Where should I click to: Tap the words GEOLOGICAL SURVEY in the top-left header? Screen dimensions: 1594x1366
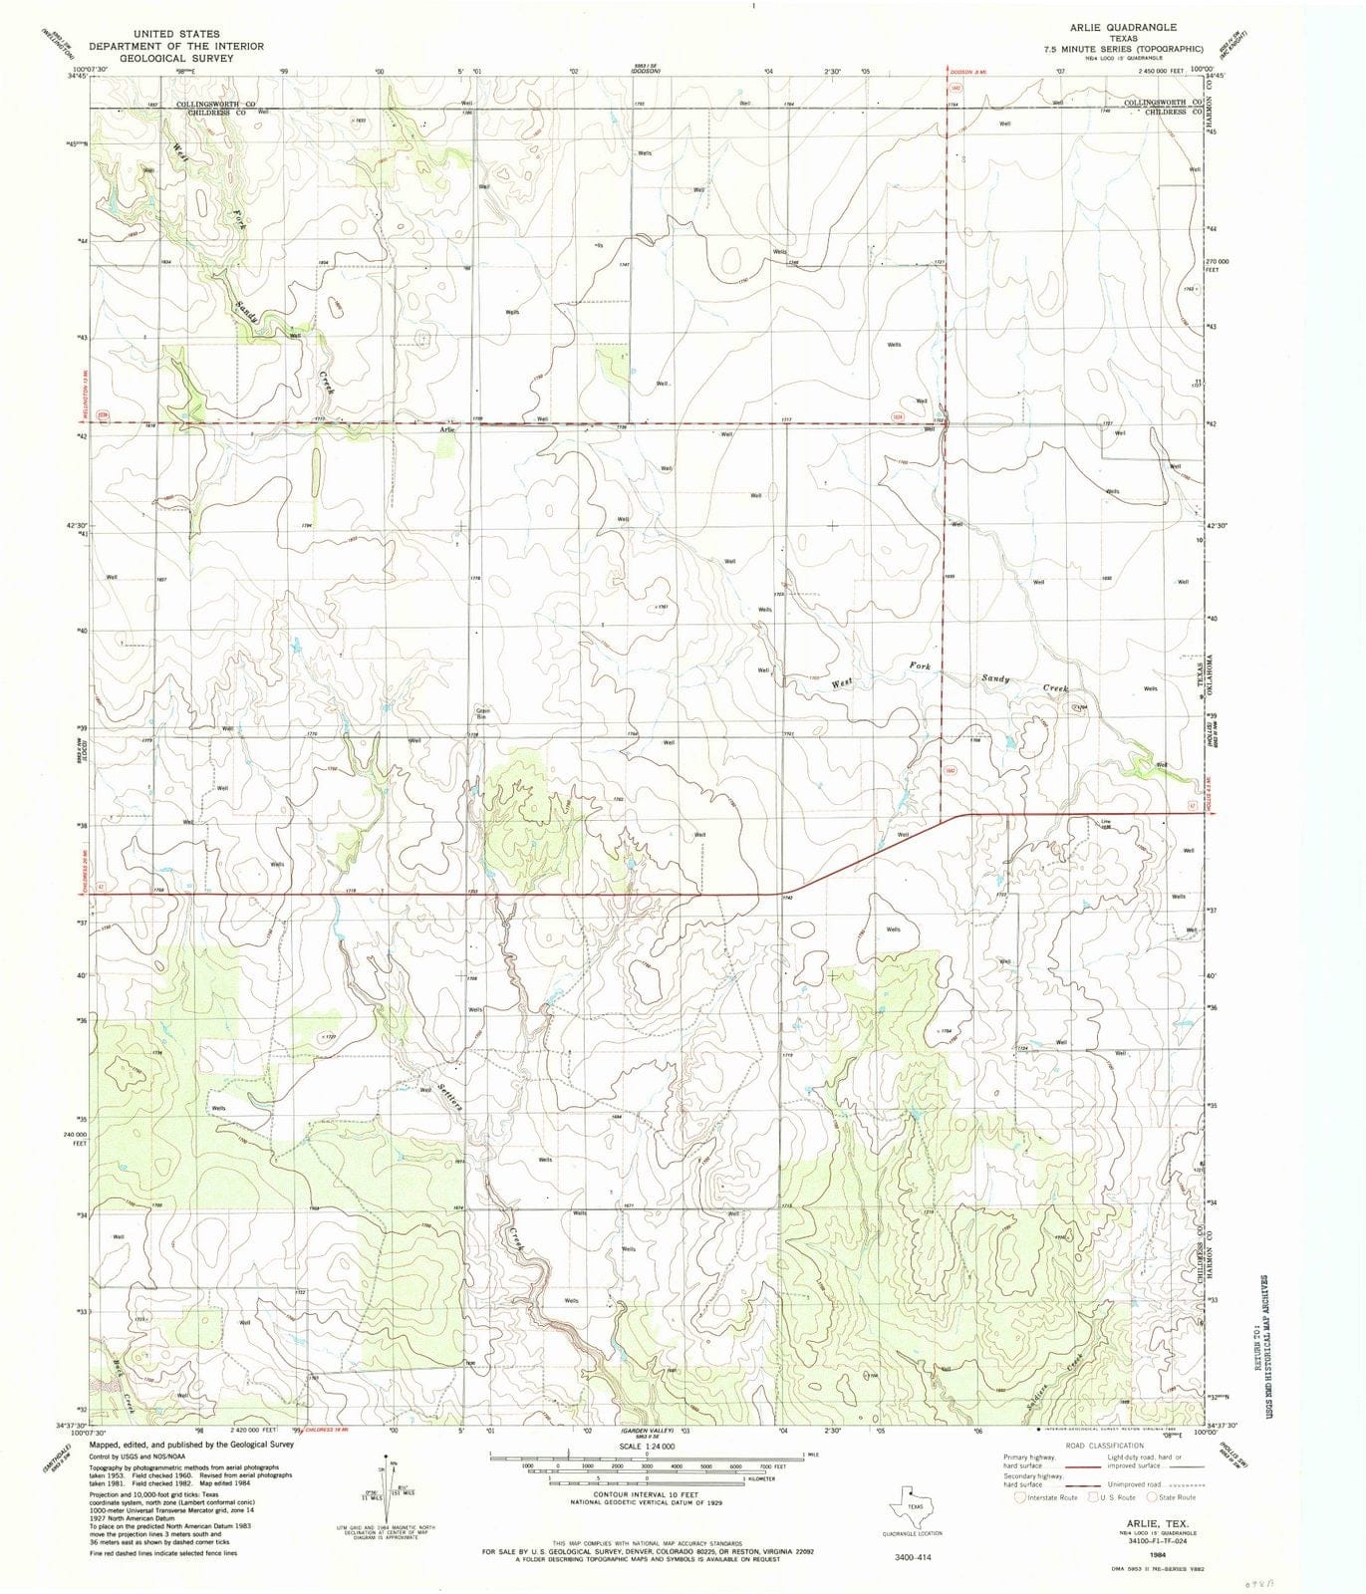[177, 59]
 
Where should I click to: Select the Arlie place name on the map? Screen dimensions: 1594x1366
[447, 429]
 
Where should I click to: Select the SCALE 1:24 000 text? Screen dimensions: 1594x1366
[646, 1446]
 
